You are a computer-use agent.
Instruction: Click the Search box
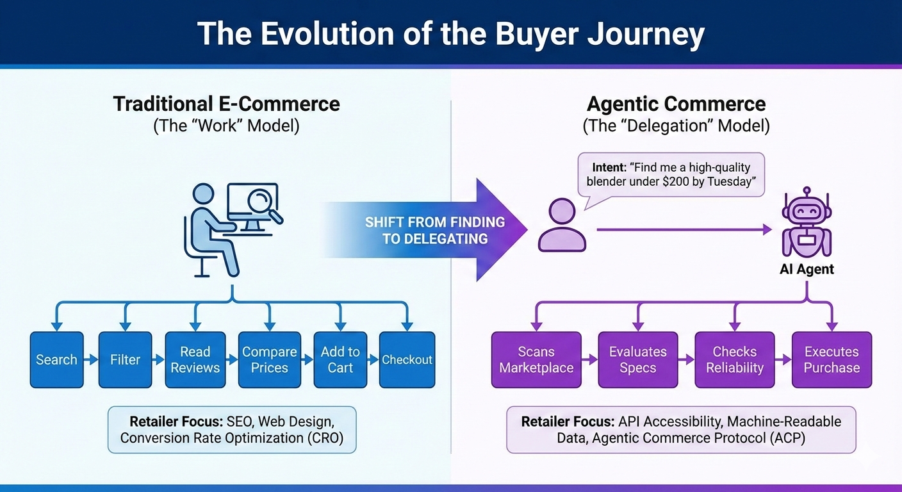pos(56,359)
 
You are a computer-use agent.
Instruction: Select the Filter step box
pos(125,359)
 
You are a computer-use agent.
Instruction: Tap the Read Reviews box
pos(195,359)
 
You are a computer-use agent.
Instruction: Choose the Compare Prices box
pos(269,359)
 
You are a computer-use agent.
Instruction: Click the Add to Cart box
pos(340,359)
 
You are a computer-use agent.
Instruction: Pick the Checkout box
pos(407,359)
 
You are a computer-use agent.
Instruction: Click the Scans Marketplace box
pos(536,359)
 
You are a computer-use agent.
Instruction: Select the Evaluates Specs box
pos(637,359)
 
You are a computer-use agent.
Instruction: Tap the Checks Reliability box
pos(734,359)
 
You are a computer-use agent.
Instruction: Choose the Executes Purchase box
pos(832,359)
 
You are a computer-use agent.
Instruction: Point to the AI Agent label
pos(807,269)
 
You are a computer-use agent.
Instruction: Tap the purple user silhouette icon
pos(562,225)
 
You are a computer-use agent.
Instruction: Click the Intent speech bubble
pos(671,174)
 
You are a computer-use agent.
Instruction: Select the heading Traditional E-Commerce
pos(226,104)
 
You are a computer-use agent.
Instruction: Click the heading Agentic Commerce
pos(676,104)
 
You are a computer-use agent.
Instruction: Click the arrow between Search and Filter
pos(91,360)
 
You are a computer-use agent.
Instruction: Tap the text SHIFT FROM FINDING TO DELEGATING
pos(435,231)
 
